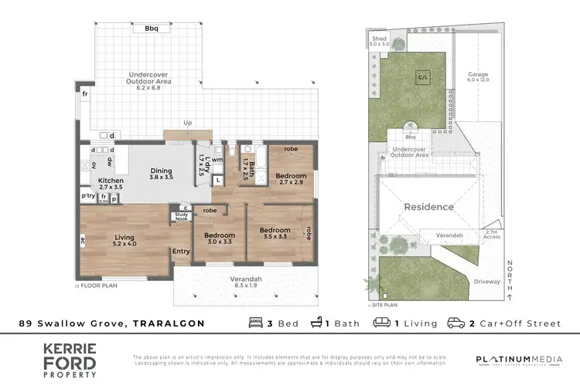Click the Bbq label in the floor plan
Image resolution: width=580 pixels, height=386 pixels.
[152, 29]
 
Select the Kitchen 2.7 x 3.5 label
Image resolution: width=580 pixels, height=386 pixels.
[111, 183]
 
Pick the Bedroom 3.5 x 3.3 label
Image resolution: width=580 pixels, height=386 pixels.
[275, 234]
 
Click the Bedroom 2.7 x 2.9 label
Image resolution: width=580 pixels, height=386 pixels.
[292, 180]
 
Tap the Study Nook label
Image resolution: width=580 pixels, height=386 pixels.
[182, 217]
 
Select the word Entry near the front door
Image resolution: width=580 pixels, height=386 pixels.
[181, 251]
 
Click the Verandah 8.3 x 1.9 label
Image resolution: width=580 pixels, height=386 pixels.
[246, 282]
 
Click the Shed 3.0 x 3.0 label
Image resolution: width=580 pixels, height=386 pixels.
[379, 41]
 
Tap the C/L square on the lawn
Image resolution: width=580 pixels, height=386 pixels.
[422, 77]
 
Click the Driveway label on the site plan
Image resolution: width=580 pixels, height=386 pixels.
[486, 282]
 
